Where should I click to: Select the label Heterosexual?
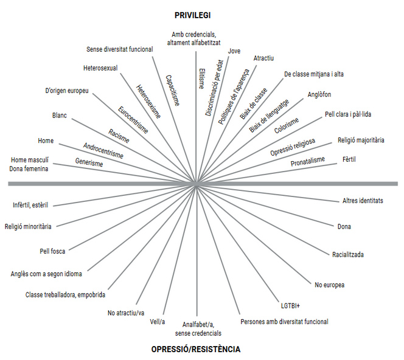(x=100, y=68)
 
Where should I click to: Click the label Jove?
(x=234, y=51)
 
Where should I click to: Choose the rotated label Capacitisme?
(x=172, y=90)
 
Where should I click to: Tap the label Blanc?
(x=60, y=115)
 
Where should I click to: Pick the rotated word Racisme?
(x=119, y=135)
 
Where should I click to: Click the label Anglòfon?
(x=319, y=94)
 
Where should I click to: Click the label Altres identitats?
(x=363, y=201)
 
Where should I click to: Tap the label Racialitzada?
(x=348, y=254)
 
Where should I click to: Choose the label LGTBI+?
(x=286, y=305)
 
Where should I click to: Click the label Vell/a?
(x=157, y=321)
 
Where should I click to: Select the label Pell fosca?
(x=52, y=251)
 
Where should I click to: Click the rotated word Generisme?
(x=89, y=163)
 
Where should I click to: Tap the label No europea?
(x=330, y=285)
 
